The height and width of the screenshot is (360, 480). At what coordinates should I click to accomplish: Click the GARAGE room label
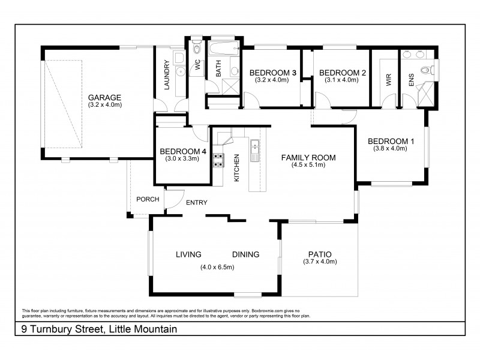point(105,98)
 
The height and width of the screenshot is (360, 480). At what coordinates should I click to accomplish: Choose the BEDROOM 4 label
point(183,151)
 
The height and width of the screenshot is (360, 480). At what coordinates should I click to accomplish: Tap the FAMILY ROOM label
point(308,158)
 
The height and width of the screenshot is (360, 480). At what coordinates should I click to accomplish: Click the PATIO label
point(320,254)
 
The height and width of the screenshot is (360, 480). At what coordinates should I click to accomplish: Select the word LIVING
point(188,254)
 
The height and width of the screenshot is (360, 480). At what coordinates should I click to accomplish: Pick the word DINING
point(245,254)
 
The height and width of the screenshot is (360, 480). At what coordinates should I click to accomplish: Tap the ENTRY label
point(196,203)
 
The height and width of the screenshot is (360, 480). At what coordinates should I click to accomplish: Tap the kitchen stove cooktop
point(218,160)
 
